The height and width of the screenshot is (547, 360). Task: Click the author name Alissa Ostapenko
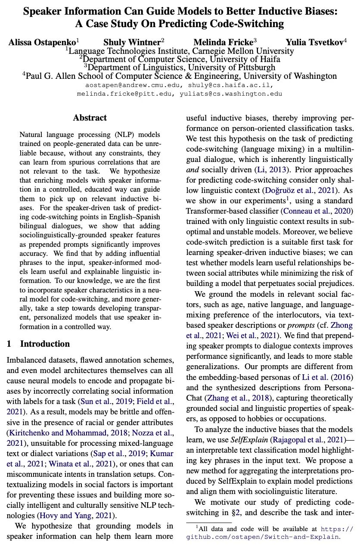point(42,42)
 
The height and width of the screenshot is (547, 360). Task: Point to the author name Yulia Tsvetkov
point(315,42)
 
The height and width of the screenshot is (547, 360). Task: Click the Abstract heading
point(90,118)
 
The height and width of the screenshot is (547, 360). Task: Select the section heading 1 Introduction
point(38,344)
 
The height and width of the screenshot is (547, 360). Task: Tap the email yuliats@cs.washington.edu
point(233,93)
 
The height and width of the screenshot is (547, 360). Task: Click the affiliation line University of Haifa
point(180,59)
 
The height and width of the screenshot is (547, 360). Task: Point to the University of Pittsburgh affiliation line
point(180,67)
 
